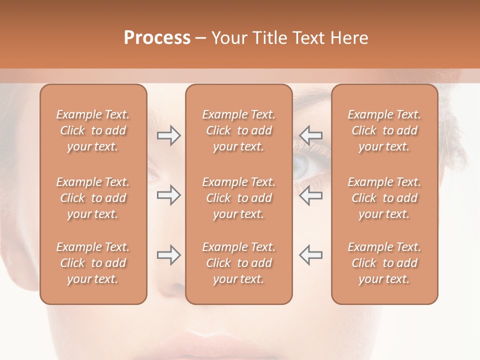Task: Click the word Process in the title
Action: [157, 38]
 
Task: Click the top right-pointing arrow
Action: [168, 135]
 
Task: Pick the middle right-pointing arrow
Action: [168, 195]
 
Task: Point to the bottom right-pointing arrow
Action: [168, 255]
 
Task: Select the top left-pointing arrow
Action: [310, 135]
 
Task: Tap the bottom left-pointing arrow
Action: [310, 255]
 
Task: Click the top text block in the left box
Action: [93, 130]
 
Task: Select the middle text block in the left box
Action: [93, 198]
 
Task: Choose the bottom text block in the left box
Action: [93, 263]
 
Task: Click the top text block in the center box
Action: [238, 130]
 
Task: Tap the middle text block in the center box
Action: [238, 198]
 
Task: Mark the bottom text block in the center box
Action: [238, 263]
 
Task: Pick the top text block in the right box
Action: [384, 130]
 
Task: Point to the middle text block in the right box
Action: [384, 198]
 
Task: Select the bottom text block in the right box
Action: [384, 263]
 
